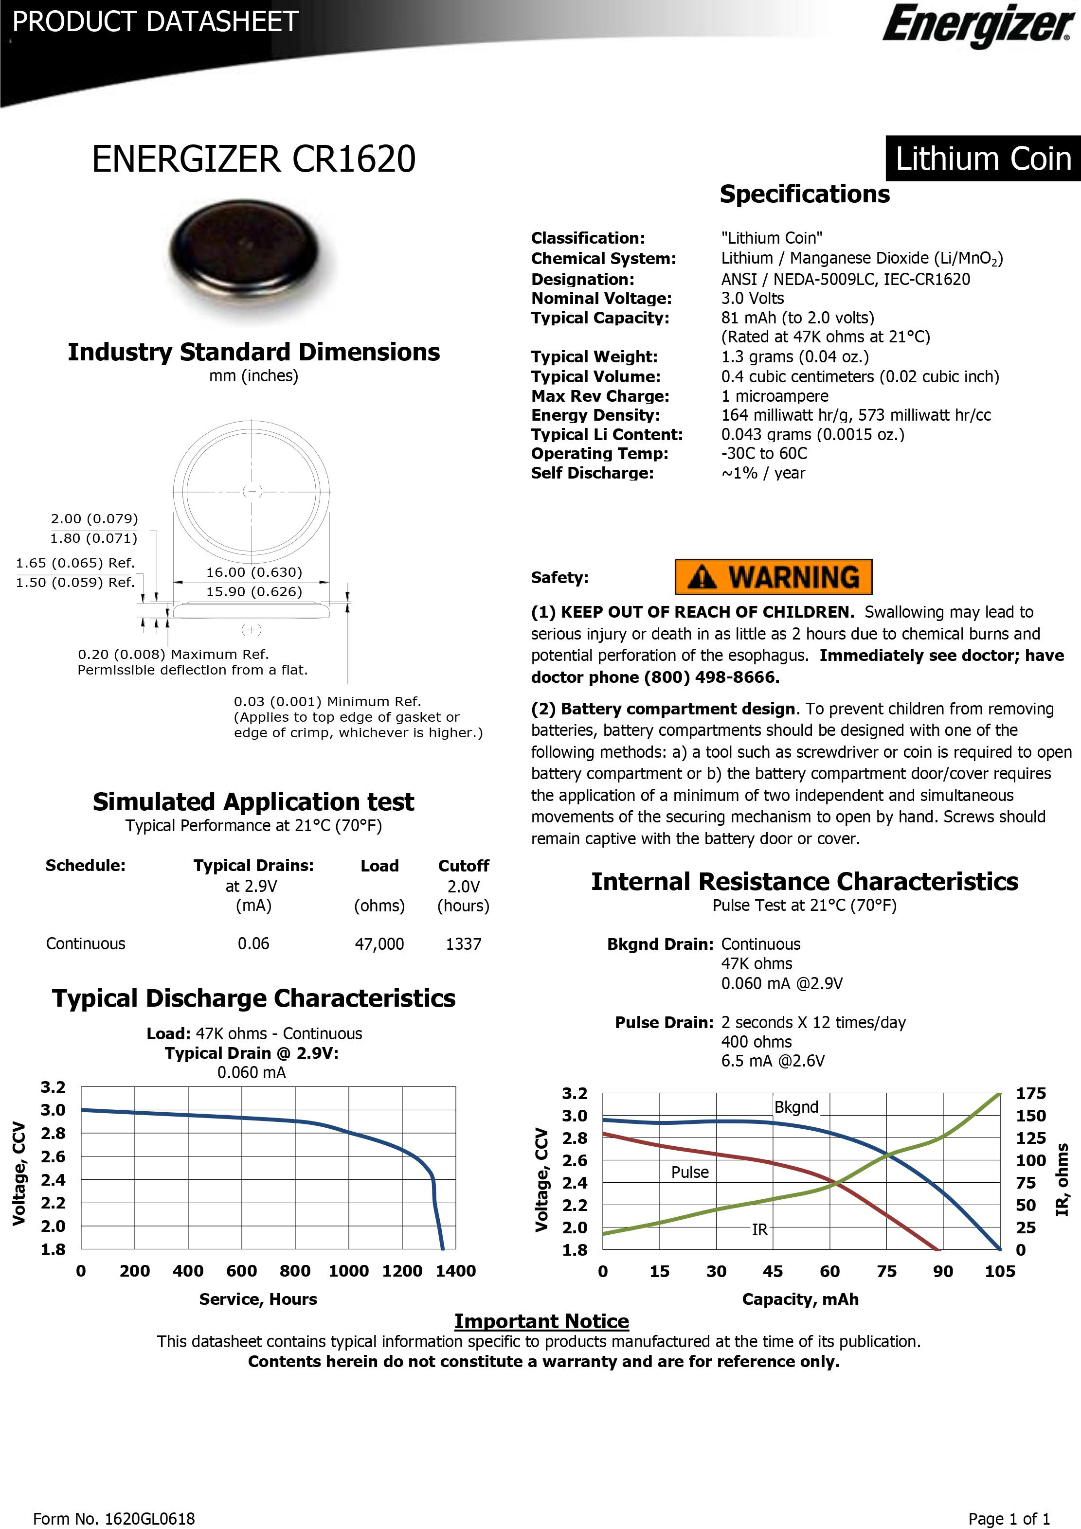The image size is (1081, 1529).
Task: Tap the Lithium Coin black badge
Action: coord(982,159)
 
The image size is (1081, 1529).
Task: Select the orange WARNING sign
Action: coord(773,577)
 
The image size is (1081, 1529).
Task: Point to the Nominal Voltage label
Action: coord(601,298)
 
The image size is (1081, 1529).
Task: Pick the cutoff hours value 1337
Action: coord(463,943)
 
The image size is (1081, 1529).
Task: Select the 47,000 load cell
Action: coord(379,943)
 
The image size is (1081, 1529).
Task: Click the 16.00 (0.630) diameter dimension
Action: coord(254,572)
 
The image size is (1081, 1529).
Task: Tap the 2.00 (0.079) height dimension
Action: coord(94,518)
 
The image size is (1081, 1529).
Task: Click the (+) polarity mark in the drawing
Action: coord(251,629)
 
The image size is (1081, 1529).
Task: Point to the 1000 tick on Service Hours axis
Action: coord(348,1271)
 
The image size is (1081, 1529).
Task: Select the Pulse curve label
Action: coord(689,1172)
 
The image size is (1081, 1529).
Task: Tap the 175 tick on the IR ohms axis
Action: coord(1030,1093)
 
